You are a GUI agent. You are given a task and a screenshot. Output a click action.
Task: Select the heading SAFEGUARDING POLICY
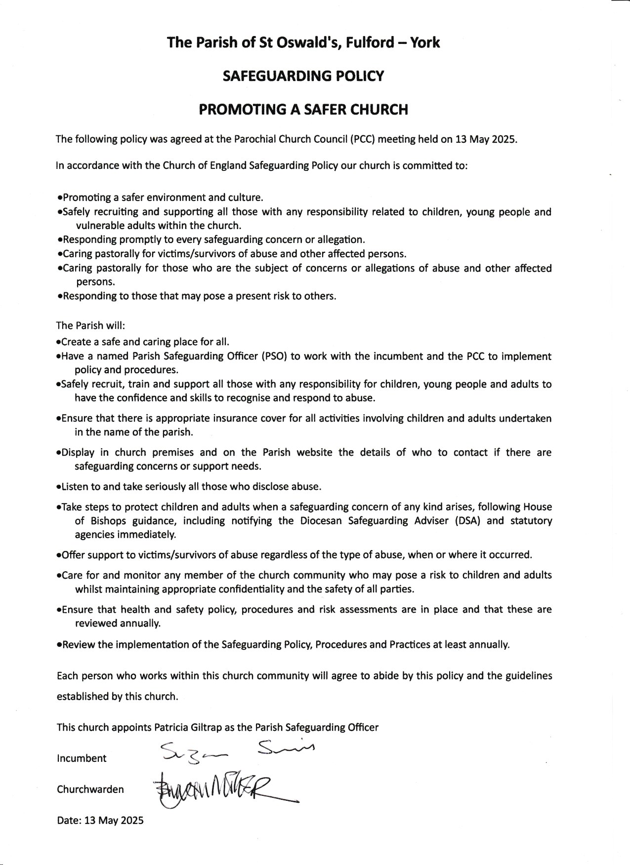click(x=303, y=76)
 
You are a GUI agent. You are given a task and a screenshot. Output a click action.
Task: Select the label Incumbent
click(x=82, y=758)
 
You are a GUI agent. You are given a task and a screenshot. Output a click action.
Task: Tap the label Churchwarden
click(x=90, y=789)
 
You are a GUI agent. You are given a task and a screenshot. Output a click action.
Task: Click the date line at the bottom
click(x=100, y=820)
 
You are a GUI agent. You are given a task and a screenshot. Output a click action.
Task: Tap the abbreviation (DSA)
click(x=467, y=520)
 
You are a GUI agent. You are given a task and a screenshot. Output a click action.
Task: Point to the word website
click(x=314, y=452)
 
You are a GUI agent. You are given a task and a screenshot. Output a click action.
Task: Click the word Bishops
click(x=108, y=520)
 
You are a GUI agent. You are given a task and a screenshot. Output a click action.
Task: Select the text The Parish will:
click(x=91, y=325)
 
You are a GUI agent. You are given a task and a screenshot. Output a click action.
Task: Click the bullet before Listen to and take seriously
click(x=59, y=487)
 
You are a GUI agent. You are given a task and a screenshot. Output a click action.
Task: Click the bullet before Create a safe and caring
click(x=59, y=342)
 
